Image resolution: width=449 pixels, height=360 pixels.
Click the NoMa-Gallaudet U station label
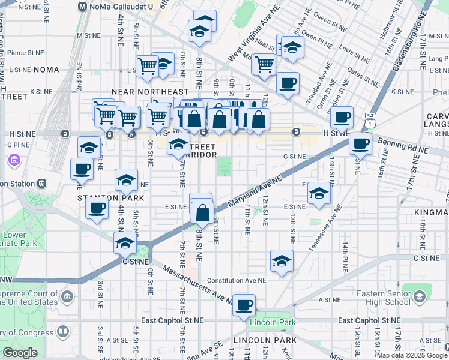coord(123,6)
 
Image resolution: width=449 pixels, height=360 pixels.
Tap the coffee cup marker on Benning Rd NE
coord(361,143)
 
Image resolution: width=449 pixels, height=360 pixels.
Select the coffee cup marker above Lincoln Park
coord(244,305)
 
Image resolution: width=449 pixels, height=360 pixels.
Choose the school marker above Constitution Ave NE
coord(280,261)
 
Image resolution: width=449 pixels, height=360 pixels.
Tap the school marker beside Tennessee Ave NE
coord(319,193)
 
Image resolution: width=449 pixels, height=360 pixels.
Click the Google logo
coord(20,352)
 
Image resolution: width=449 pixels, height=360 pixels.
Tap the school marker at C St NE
coord(125,242)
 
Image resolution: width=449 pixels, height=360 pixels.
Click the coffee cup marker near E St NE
coord(97,209)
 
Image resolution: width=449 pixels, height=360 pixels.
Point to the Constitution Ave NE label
coord(237,280)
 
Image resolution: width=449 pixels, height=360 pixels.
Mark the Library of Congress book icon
coord(62,332)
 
